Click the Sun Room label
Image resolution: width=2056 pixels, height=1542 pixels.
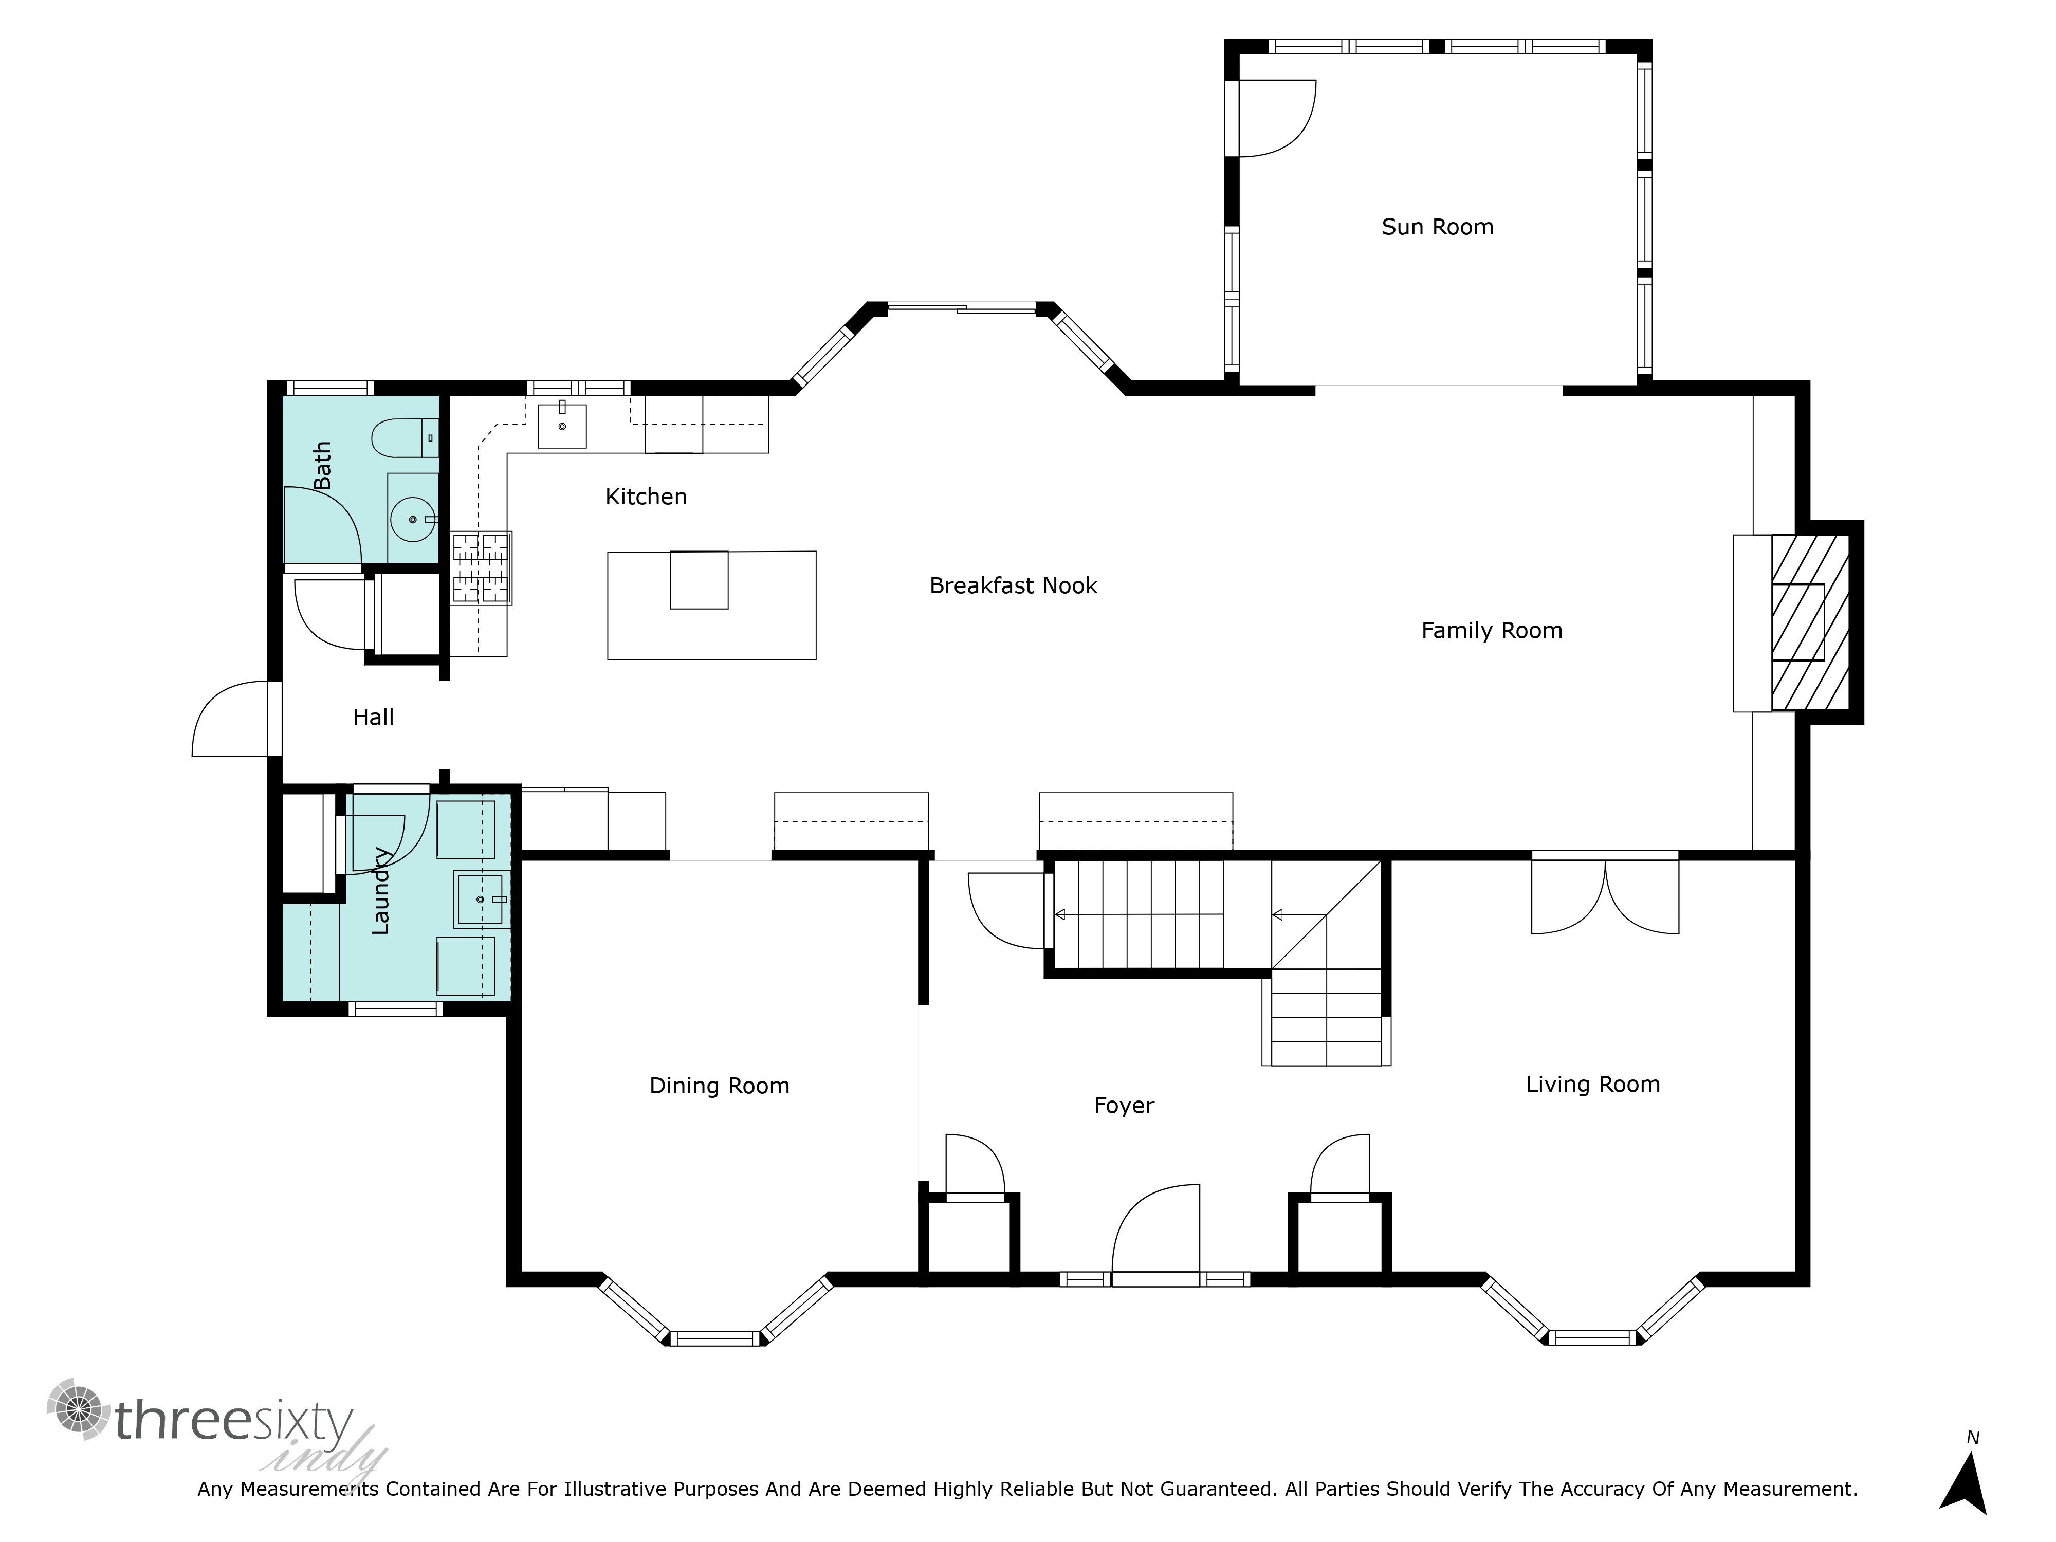point(1437,227)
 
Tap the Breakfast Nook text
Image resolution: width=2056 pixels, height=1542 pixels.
point(1013,585)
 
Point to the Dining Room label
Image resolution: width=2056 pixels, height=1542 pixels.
point(720,1086)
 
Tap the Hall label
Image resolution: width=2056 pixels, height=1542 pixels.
point(374,717)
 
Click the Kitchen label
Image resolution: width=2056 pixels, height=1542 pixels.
point(646,497)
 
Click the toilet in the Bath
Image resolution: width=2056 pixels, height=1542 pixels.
point(405,438)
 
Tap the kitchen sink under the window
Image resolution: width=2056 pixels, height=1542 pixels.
point(562,426)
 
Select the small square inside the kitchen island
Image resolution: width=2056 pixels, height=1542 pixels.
point(699,580)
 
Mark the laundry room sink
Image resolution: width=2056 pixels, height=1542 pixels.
point(481,899)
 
